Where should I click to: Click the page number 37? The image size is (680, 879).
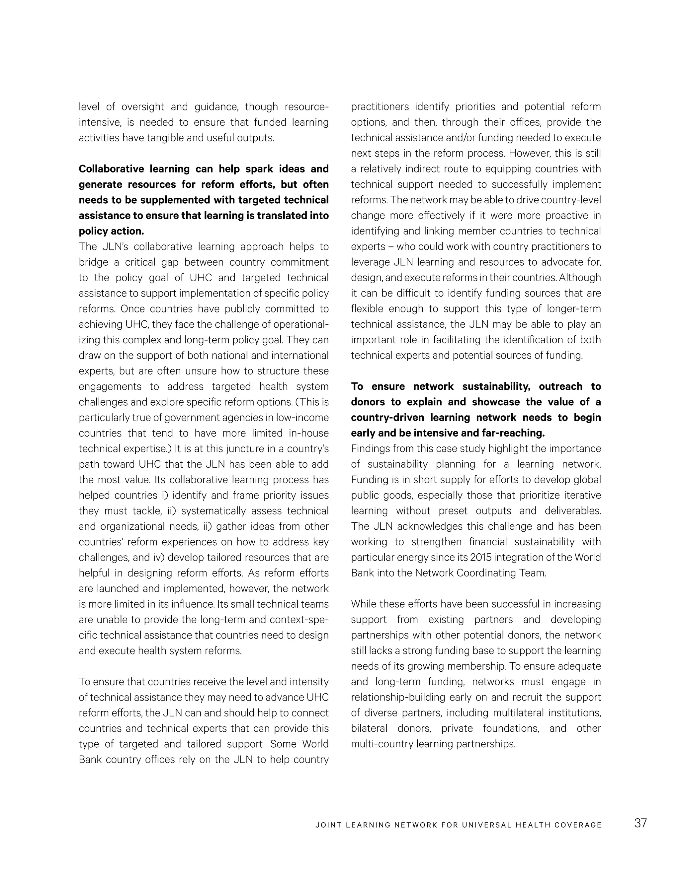click(x=640, y=823)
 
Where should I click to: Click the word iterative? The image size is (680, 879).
click(x=582, y=496)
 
